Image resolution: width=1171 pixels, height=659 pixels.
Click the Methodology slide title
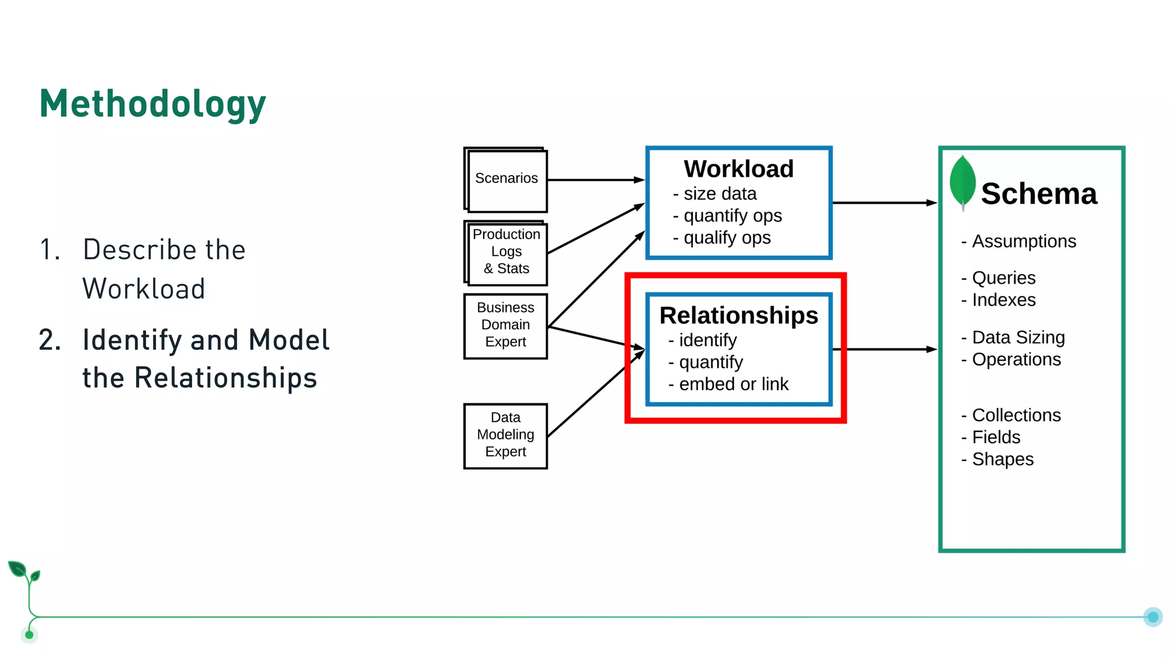153,104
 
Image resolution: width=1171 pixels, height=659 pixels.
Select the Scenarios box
506,179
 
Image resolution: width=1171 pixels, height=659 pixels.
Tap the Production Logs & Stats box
506,252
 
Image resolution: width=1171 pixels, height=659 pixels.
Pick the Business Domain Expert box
505,325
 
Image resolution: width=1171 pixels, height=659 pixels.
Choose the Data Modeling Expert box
505,435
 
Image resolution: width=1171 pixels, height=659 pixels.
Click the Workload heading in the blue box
738,169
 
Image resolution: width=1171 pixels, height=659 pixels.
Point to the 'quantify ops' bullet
732,216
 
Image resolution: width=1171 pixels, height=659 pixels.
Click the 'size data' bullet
719,194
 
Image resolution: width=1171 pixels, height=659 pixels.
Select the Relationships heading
738,315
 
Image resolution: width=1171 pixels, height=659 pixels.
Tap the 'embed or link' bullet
733,384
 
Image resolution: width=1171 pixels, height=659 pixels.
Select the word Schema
1039,193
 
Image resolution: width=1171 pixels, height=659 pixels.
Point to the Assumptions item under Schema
1023,241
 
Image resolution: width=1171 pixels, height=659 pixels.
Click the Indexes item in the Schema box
1003,300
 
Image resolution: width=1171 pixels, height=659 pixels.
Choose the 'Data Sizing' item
1018,338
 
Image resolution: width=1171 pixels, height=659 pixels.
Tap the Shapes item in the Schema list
1002,459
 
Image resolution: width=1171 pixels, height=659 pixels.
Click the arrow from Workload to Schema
883,203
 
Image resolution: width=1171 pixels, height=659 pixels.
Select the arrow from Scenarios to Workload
595,180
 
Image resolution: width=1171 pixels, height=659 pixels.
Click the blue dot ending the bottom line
1153,617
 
